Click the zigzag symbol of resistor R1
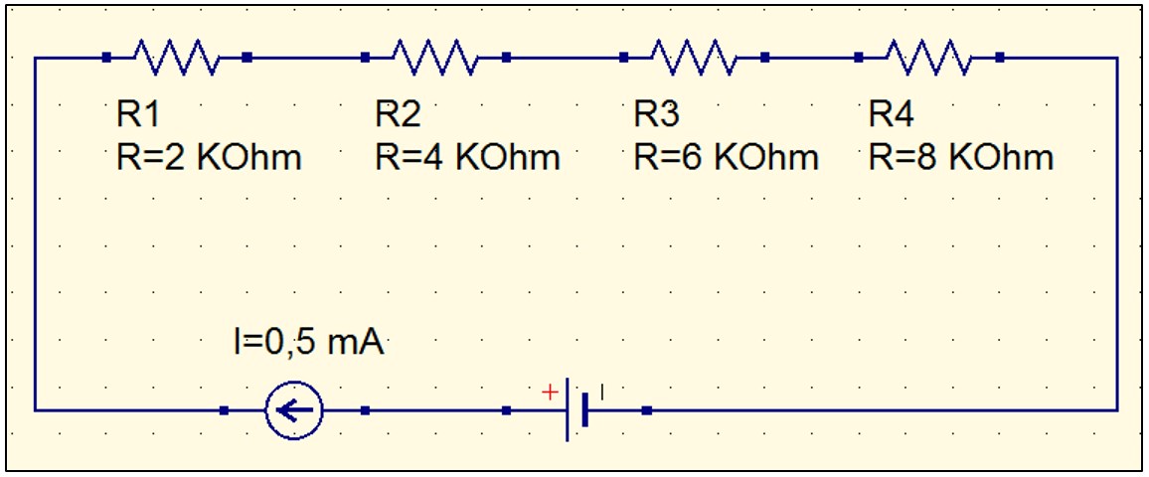176,58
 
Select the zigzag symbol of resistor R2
435,58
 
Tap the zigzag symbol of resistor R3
694,58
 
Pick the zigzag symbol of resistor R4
928,58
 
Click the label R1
137,115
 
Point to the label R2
398,115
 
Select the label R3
657,115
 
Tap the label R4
891,115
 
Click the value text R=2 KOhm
209,157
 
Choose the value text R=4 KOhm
467,157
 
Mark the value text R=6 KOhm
727,157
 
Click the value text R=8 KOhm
961,157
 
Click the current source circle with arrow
294,409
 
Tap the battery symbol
576,409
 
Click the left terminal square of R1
106,58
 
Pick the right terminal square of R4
999,58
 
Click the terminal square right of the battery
646,409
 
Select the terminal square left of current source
225,409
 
